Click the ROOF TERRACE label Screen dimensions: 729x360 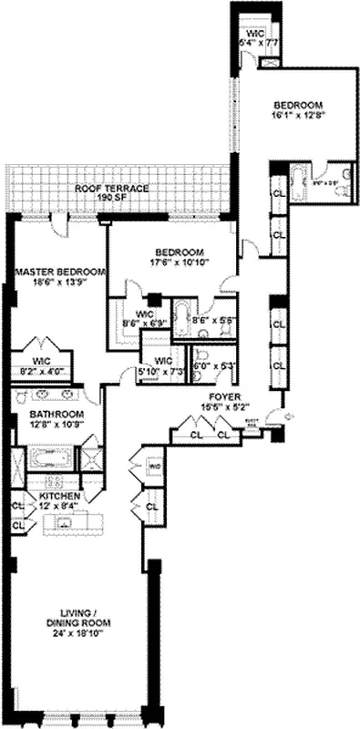pyautogui.click(x=112, y=189)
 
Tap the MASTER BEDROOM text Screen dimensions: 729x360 pyautogui.click(x=59, y=272)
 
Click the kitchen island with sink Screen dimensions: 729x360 pyautogui.click(x=65, y=523)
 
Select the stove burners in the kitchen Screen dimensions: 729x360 pyautogui.click(x=52, y=482)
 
